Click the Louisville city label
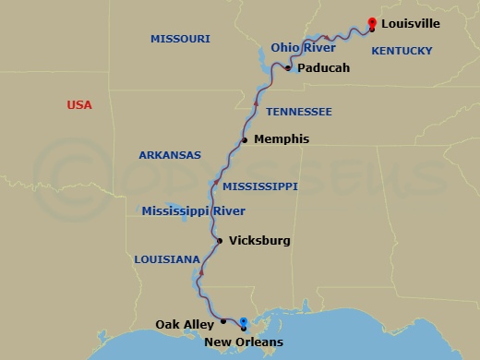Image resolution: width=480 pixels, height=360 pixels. click(409, 22)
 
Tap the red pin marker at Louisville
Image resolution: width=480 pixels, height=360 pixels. click(372, 23)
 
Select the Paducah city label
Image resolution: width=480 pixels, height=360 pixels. click(323, 67)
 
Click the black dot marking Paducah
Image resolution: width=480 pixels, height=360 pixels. click(289, 68)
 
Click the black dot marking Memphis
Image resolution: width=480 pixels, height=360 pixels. click(245, 140)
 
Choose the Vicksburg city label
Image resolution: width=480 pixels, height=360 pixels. click(259, 241)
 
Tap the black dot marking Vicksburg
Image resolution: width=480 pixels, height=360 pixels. click(219, 241)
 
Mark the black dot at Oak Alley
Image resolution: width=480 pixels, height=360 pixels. click(223, 322)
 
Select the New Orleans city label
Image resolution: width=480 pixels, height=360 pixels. click(245, 343)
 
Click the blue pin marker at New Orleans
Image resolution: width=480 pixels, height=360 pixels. click(243, 324)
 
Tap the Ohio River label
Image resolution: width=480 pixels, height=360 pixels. click(304, 47)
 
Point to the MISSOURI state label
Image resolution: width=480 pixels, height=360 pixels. click(180, 39)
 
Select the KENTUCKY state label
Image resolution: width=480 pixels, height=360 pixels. click(402, 54)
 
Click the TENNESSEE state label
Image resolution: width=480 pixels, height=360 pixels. click(298, 112)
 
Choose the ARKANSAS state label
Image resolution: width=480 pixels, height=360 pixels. click(170, 155)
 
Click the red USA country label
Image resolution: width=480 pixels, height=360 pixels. click(79, 105)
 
